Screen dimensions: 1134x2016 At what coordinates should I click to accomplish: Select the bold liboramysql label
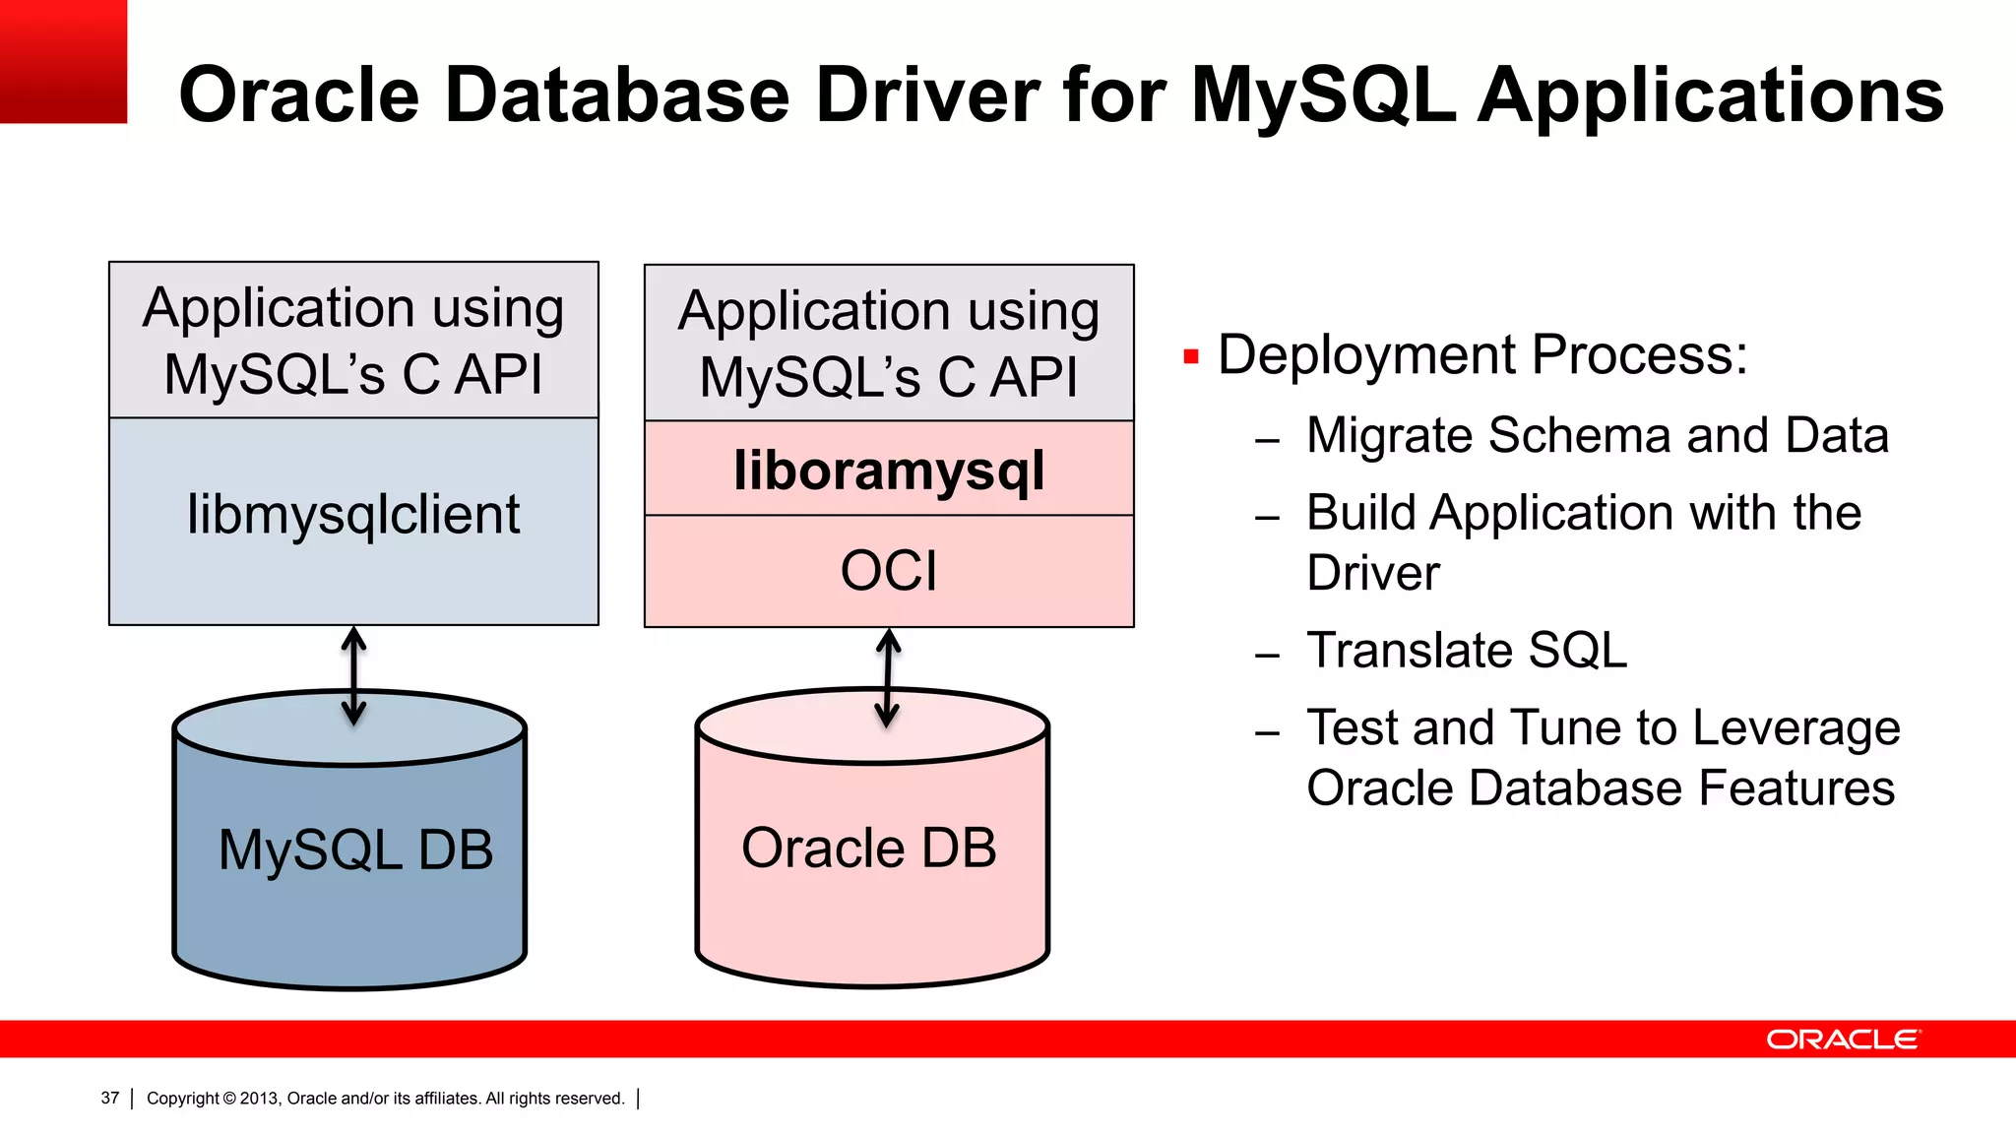889,471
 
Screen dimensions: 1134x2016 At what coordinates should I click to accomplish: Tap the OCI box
889,571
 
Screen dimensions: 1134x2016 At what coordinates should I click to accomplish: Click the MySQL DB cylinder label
355,850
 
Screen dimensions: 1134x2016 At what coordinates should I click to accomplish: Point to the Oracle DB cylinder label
868,848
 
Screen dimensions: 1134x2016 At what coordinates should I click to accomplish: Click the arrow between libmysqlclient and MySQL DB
353,676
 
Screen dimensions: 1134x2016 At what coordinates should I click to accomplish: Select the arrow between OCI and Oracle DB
888,678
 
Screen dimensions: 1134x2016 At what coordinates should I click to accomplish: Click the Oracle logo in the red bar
1842,1039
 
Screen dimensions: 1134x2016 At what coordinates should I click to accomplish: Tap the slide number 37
110,1098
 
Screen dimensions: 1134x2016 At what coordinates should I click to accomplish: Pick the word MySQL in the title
1323,95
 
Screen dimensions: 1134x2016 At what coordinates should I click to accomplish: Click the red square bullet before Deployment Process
1191,356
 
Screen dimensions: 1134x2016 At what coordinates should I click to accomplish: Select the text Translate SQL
1467,651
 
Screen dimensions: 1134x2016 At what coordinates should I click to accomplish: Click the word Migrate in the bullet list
1390,435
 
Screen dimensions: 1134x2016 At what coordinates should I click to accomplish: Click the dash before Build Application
1267,517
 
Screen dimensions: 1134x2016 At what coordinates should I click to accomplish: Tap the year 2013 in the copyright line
260,1099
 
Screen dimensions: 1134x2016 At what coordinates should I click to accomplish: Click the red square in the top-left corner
63,61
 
